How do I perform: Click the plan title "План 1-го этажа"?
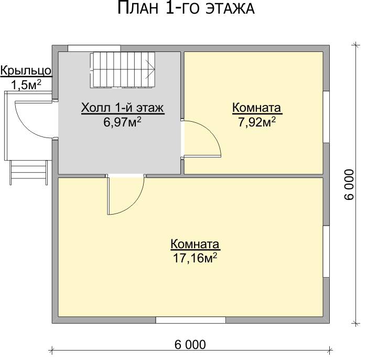186,8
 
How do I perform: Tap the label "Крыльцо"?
26,70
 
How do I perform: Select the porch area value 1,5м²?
26,84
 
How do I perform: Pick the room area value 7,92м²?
257,122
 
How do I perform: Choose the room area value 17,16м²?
195,258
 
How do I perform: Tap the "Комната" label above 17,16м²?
195,244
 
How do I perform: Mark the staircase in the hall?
122,70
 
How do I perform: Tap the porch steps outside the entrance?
28,173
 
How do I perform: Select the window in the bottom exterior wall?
191,320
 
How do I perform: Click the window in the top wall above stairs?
94,48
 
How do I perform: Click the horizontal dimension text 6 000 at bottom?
190,345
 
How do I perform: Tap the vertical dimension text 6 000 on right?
349,185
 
